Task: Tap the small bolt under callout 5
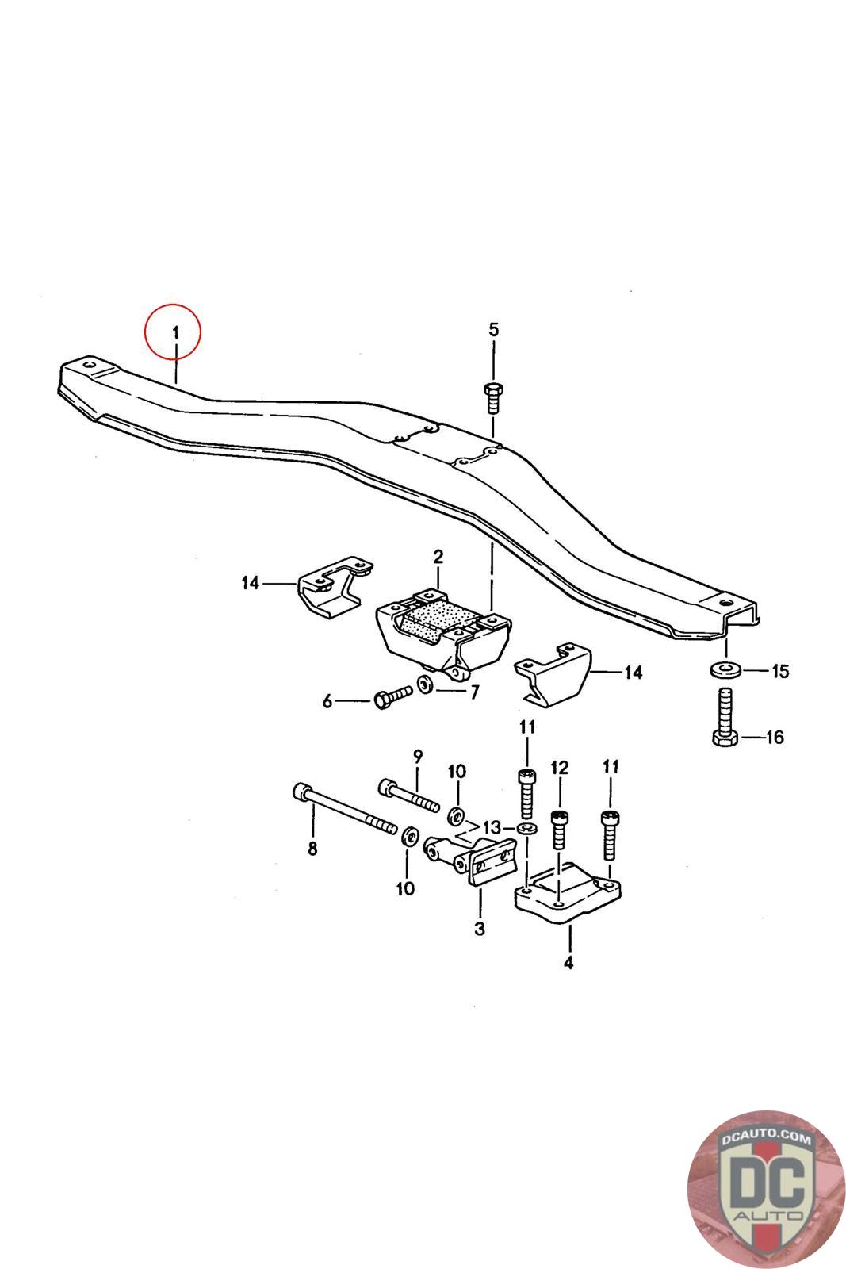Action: [x=492, y=396]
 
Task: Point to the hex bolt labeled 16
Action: [x=723, y=719]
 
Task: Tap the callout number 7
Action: [x=474, y=692]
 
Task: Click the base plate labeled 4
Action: [x=565, y=897]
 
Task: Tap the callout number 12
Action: [x=560, y=767]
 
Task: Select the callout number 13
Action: [x=492, y=828]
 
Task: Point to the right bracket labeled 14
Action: [x=555, y=675]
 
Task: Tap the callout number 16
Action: [x=775, y=737]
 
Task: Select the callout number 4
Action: [x=568, y=963]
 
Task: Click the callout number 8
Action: [x=312, y=849]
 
